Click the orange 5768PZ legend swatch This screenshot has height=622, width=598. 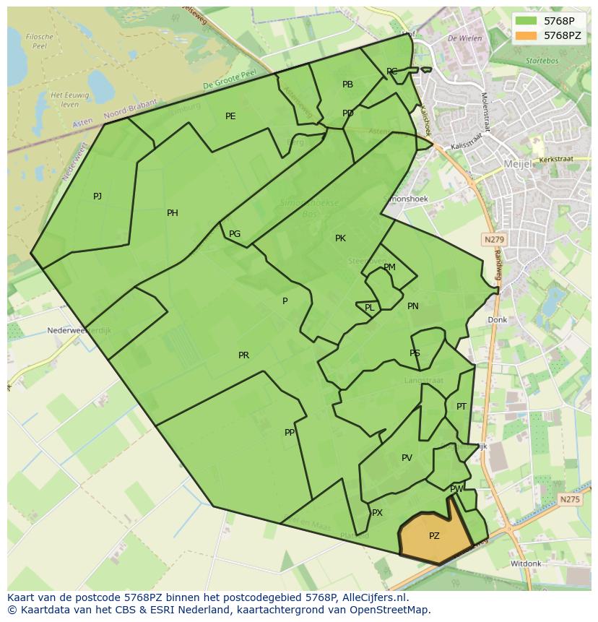pos(527,35)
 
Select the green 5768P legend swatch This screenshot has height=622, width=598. pos(527,21)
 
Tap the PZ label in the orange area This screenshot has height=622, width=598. pos(434,536)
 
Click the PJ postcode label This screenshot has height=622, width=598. pos(97,196)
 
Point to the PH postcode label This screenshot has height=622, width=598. pos(173,213)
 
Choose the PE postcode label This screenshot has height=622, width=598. pos(230,116)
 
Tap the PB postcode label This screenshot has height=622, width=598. pos(347,85)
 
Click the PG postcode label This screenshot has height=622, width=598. pos(235,234)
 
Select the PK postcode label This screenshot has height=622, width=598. pos(340,238)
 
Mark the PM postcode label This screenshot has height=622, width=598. pos(389,267)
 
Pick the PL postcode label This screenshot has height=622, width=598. pos(370,308)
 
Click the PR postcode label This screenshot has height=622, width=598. pos(243,355)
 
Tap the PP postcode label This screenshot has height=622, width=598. pos(290,433)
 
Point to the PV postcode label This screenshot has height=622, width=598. pos(407,458)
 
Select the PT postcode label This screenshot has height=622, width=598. pos(461,407)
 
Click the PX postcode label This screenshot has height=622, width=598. pos(377,513)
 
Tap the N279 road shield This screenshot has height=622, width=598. pos(494,239)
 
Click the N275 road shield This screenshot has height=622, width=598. pos(569,499)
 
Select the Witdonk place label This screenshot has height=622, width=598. pos(525,563)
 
